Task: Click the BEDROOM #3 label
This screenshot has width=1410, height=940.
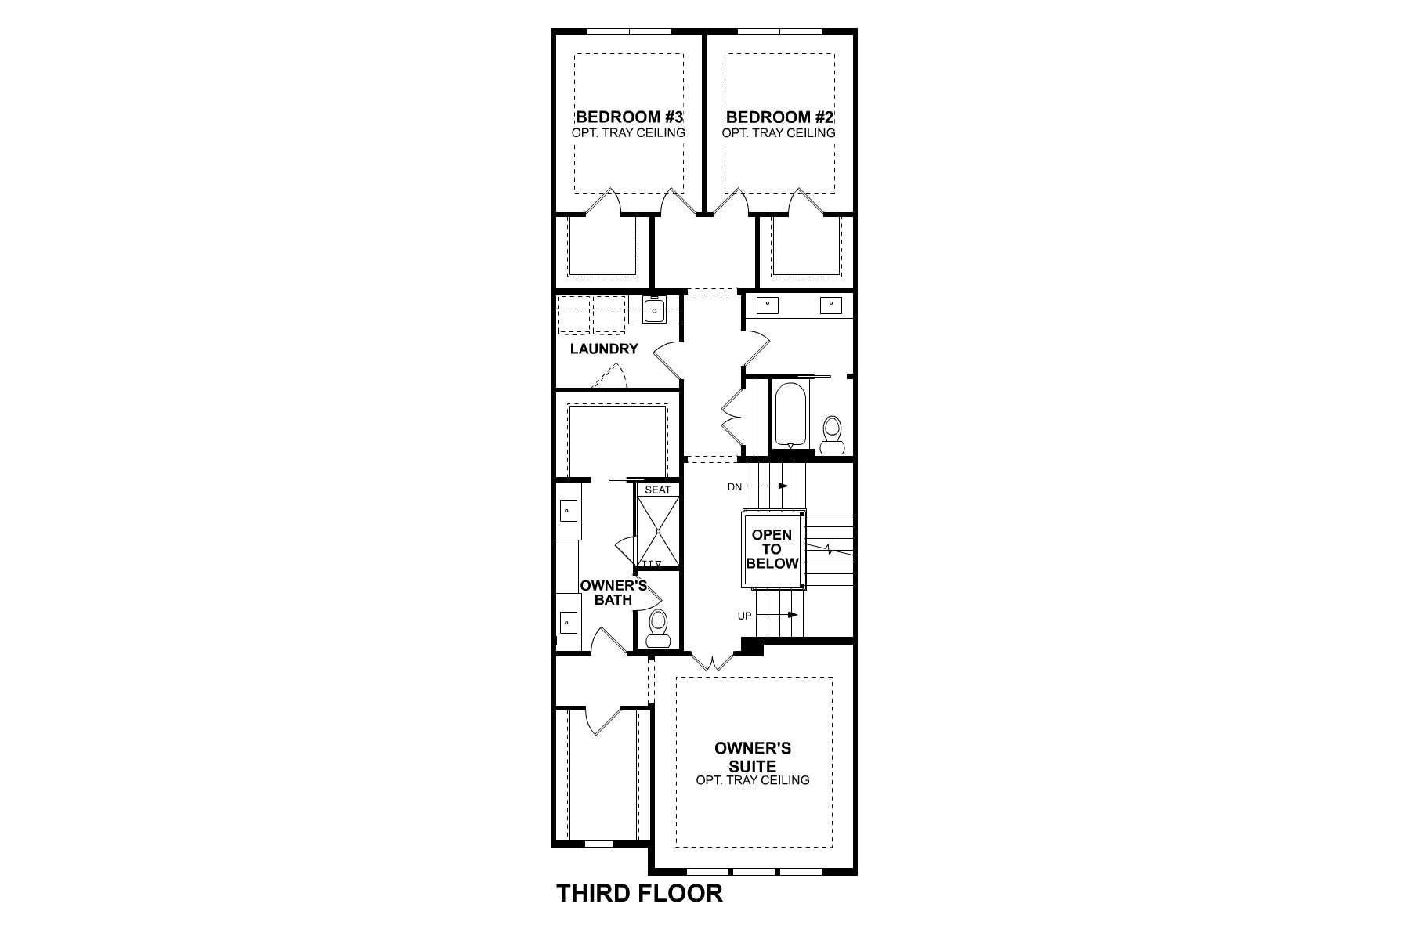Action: (630, 117)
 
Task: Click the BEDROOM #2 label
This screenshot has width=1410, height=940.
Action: (780, 117)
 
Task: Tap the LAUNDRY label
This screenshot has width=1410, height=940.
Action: (604, 349)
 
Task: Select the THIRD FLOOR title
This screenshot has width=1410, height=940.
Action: (639, 893)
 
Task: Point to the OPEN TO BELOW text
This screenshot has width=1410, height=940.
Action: (772, 549)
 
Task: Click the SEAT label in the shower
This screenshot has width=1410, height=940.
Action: (658, 490)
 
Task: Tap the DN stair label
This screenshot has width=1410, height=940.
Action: (734, 487)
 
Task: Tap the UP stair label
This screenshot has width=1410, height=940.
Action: (744, 616)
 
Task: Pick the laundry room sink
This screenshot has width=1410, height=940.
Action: (654, 310)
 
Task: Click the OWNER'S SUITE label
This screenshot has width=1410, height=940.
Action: (753, 757)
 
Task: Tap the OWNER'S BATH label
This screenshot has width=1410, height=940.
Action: (613, 593)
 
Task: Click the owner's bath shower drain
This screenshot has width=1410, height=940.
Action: (658, 531)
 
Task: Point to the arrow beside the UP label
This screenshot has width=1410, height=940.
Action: (783, 615)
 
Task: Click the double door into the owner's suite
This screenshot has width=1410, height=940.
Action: (711, 663)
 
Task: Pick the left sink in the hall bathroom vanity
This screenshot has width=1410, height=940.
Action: (768, 305)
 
